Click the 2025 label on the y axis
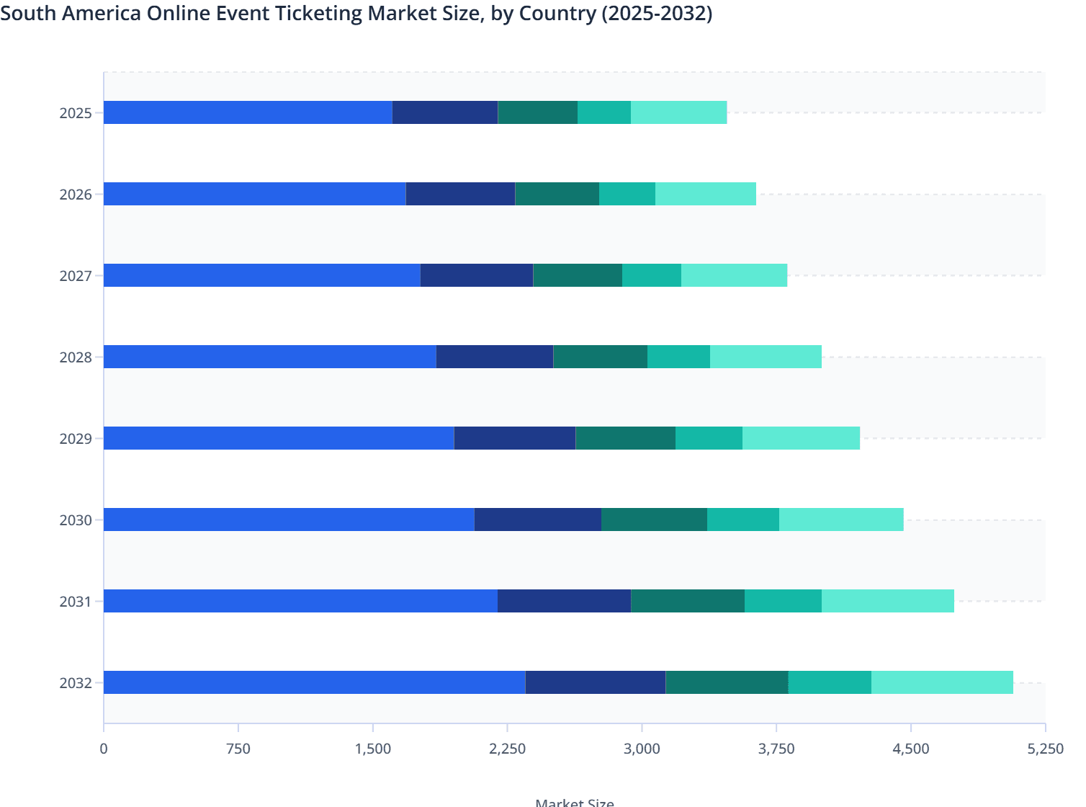[x=76, y=113]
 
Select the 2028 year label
[x=76, y=357]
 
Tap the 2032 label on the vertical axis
[x=76, y=683]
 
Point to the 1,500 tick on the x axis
[x=373, y=749]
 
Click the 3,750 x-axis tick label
[x=776, y=749]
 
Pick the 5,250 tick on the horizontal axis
[x=1045, y=749]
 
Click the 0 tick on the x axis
[x=104, y=749]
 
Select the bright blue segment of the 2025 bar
[x=248, y=112]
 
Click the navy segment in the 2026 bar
[x=460, y=194]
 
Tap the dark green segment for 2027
[x=578, y=275]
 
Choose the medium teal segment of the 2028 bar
[x=678, y=357]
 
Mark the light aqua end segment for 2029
[x=801, y=438]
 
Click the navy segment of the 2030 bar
[x=538, y=520]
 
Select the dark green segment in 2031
[x=688, y=601]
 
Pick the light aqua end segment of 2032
[x=942, y=682]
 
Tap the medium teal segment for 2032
[x=830, y=682]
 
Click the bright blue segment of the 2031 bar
[x=300, y=601]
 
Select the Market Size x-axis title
[x=575, y=802]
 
